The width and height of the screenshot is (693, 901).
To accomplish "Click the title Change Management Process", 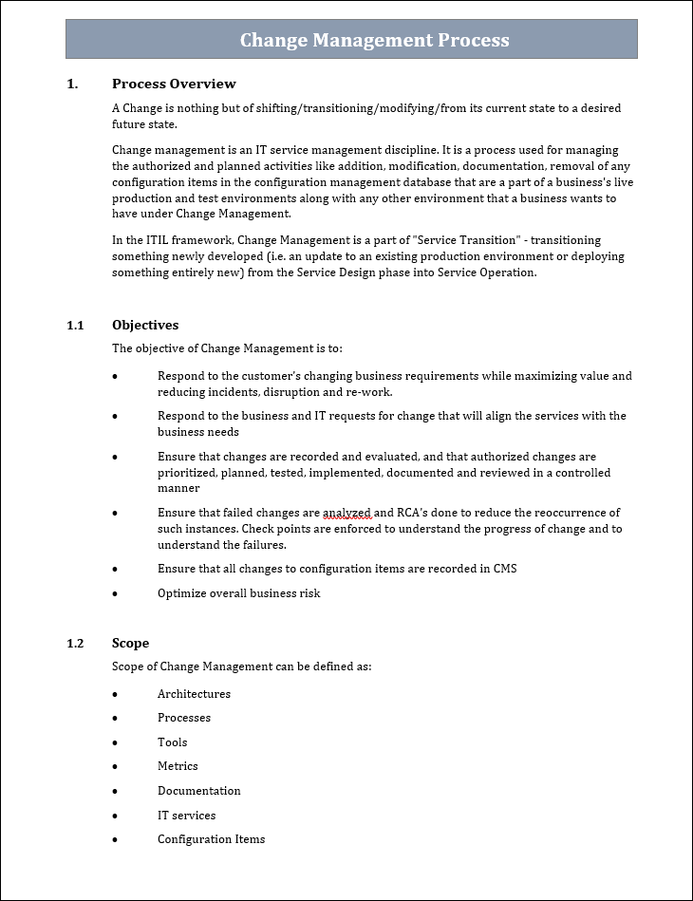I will coord(374,40).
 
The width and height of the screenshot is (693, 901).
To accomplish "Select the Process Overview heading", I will coord(174,84).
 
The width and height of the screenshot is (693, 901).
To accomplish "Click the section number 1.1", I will coord(75,325).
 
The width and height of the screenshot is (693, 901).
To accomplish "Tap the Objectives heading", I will coord(145,325).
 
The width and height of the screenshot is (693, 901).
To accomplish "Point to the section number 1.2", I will coord(75,644).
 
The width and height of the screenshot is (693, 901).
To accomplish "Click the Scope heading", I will coord(130,644).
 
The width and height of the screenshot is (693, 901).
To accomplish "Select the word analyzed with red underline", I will coord(346,513).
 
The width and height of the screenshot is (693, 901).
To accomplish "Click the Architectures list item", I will coord(194,694).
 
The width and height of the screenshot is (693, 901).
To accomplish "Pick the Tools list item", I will coord(172,742).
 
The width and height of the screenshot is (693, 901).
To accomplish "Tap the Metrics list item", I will coord(178,766).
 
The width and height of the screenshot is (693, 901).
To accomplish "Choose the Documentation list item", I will coord(198,791).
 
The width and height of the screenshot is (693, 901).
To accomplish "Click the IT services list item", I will coord(186,816).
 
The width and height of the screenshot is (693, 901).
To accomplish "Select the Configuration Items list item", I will coord(211,839).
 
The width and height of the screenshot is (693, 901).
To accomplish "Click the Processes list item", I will coord(183,718).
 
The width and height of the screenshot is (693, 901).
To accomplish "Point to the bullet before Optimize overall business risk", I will coord(115,594).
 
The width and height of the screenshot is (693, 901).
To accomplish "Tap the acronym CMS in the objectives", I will coord(504,569).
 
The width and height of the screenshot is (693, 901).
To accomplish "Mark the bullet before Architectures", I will coord(115,695).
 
